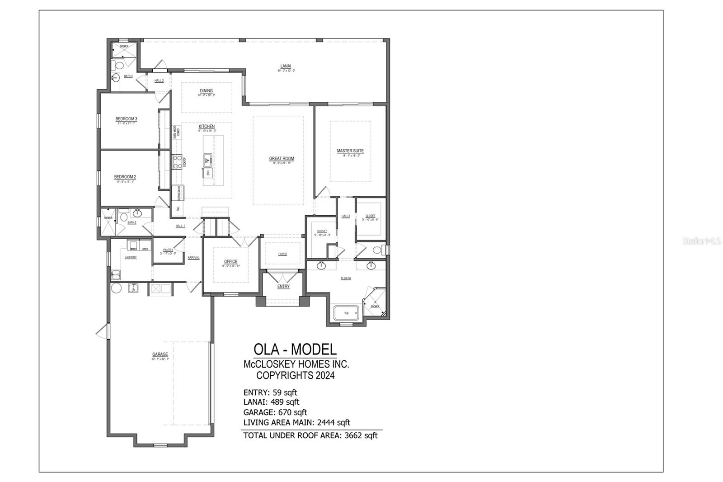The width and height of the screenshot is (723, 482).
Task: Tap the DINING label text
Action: [206, 91]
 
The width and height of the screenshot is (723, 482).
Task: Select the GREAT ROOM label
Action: [282, 159]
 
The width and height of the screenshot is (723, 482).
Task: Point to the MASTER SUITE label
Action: [350, 151]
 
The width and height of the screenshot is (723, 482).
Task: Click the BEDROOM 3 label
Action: [126, 119]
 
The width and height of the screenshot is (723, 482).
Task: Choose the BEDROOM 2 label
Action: [125, 177]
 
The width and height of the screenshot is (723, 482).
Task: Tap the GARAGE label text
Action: [160, 354]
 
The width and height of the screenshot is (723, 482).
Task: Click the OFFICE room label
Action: [230, 262]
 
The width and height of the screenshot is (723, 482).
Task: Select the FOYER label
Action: [282, 254]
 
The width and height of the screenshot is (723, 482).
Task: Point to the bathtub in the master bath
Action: [346, 313]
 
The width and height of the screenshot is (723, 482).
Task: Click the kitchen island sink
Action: [207, 159]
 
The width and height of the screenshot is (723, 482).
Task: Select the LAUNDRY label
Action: [131, 257]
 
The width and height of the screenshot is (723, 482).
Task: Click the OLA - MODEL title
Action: [295, 349]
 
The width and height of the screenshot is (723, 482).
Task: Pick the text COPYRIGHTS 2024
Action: [296, 375]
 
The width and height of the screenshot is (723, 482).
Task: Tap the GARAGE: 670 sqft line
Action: [275, 412]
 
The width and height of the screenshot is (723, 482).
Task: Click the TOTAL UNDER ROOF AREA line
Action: [310, 435]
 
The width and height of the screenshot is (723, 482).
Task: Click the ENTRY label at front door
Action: [283, 286]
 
